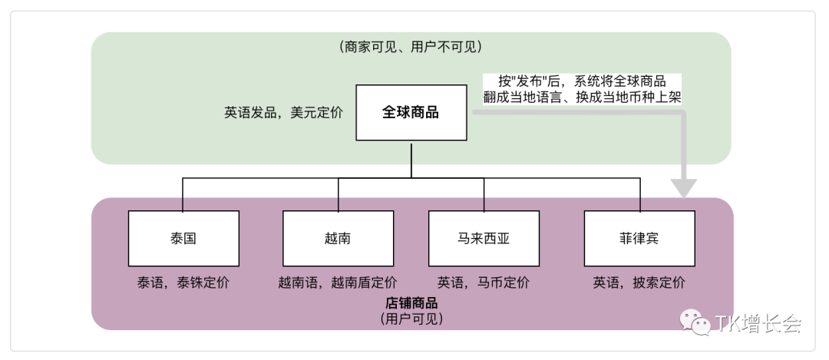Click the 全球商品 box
pyautogui.click(x=411, y=112)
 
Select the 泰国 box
pyautogui.click(x=183, y=238)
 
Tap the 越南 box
pyautogui.click(x=338, y=238)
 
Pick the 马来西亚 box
pyautogui.click(x=484, y=238)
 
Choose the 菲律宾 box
pyautogui.click(x=639, y=238)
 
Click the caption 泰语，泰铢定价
pyautogui.click(x=183, y=282)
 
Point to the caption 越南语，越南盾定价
pyautogui.click(x=338, y=282)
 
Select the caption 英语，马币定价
pyautogui.click(x=484, y=282)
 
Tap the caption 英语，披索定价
pyautogui.click(x=639, y=282)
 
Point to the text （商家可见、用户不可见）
pyautogui.click(x=411, y=47)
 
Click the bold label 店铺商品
pyautogui.click(x=411, y=303)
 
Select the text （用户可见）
pyautogui.click(x=411, y=318)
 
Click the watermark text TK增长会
pyautogui.click(x=758, y=324)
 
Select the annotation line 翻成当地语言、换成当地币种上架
pyautogui.click(x=583, y=97)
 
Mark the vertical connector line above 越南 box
pyautogui.click(x=337, y=194)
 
